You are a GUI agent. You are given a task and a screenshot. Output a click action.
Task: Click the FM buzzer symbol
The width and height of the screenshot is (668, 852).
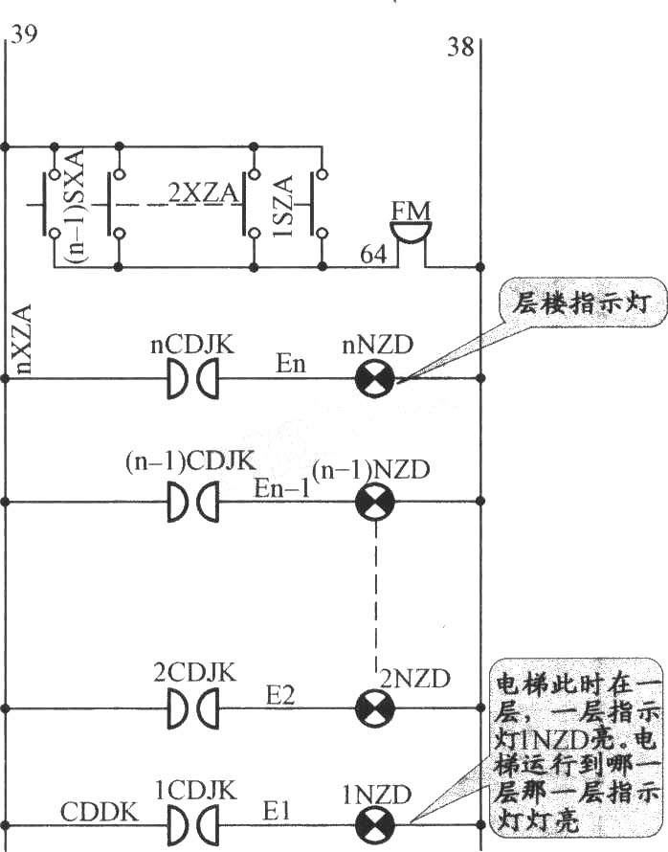(412, 239)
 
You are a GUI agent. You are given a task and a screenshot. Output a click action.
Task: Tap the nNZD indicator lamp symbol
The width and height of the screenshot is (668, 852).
(375, 378)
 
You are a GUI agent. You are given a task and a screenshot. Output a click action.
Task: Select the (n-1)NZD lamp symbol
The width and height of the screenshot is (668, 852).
(375, 502)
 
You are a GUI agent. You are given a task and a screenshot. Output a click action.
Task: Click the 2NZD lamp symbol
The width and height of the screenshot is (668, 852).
(375, 708)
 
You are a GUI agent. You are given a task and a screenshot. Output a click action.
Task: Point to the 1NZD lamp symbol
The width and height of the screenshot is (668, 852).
(375, 826)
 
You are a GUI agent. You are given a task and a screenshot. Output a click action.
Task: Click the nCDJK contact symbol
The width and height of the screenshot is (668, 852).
(192, 378)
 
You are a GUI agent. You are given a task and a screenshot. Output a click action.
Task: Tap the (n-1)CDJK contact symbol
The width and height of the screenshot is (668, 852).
(192, 502)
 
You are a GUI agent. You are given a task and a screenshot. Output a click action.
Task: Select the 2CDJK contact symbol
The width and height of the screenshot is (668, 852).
(192, 708)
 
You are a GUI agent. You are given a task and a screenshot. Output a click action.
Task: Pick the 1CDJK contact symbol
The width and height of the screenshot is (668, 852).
(192, 826)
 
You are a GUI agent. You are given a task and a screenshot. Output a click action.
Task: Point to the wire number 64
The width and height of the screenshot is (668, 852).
(373, 254)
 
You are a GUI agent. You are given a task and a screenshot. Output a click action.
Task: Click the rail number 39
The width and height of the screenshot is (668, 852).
(25, 34)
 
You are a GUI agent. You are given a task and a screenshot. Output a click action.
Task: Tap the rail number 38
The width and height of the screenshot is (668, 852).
(460, 47)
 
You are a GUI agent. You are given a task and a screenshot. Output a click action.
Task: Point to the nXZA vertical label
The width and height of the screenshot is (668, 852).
(21, 339)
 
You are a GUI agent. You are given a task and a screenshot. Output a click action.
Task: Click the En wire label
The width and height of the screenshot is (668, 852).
(291, 363)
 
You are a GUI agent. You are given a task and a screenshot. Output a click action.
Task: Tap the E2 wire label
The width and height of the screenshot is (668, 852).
(280, 695)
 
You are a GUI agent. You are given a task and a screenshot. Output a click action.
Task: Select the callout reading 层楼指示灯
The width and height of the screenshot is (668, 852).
(582, 303)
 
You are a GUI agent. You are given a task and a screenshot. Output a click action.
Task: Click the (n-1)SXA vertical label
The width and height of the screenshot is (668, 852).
(75, 206)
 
